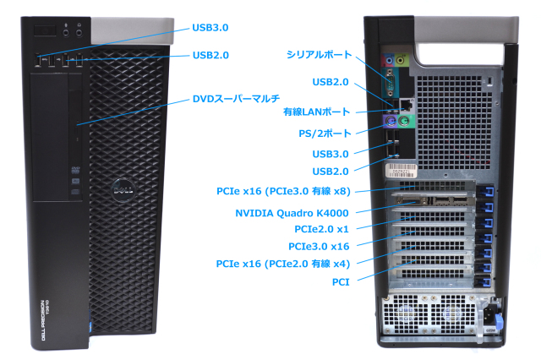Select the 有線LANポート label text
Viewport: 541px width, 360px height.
(x=316, y=112)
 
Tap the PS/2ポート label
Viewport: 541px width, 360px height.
(x=324, y=132)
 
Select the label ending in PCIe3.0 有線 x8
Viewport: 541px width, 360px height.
(x=282, y=191)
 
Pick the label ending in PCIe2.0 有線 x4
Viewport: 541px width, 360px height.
(x=282, y=265)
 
